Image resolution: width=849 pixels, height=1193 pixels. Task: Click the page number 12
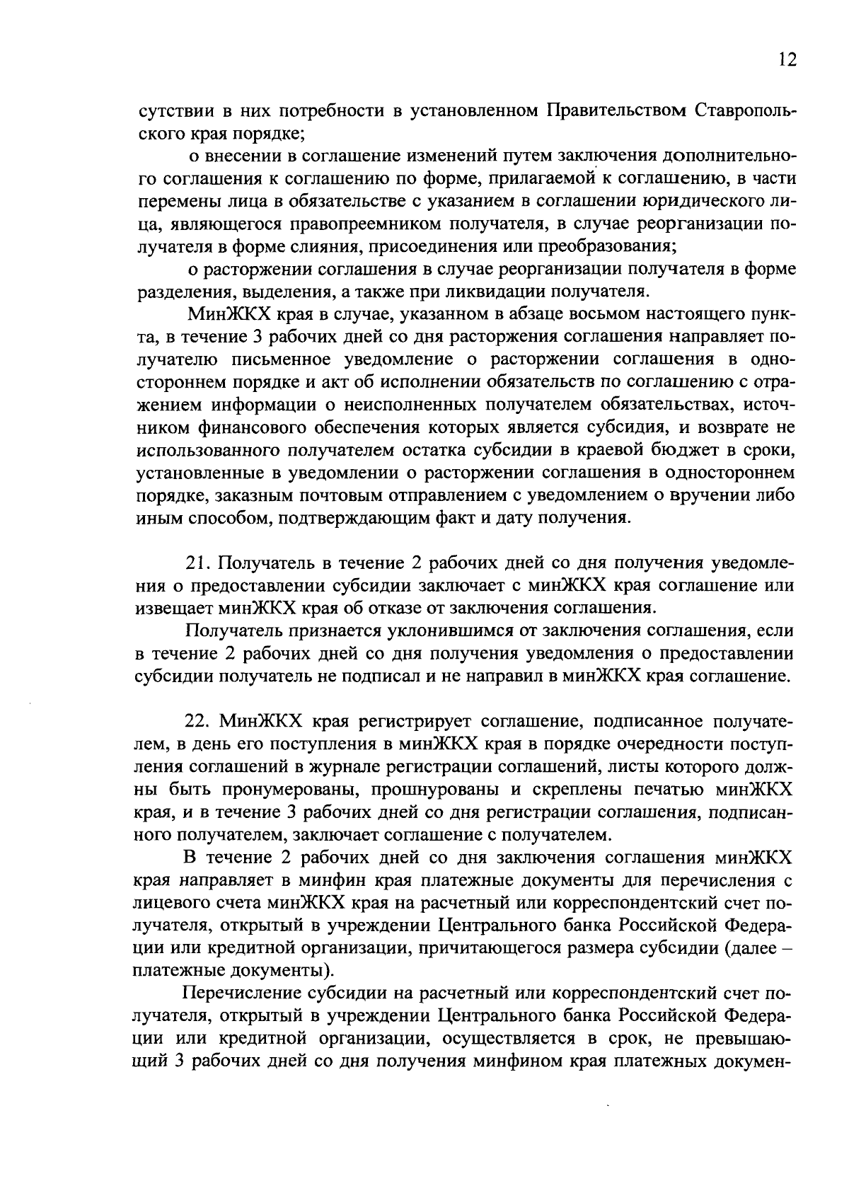click(x=787, y=59)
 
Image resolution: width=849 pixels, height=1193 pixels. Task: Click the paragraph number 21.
click(x=199, y=563)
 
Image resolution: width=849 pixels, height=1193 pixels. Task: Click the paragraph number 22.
click(x=199, y=721)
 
